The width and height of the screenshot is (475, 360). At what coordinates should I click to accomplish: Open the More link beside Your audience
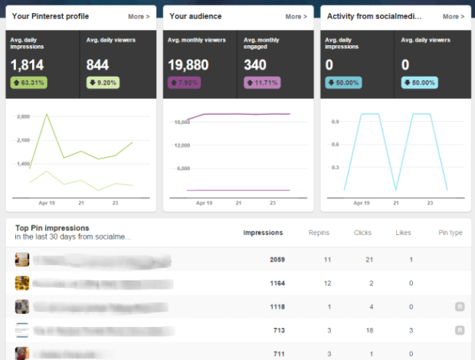(296, 16)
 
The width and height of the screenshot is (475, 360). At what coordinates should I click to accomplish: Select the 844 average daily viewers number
(98, 66)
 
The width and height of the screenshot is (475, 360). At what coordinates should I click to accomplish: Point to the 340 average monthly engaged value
(255, 66)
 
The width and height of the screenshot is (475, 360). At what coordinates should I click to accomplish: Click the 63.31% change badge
(30, 82)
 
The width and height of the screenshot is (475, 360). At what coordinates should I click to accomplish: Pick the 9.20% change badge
(103, 82)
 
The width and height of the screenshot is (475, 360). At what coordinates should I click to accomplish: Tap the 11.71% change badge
(261, 82)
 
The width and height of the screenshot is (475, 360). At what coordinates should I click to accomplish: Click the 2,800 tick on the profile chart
(23, 116)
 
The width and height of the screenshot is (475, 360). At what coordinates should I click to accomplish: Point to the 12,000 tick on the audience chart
(182, 145)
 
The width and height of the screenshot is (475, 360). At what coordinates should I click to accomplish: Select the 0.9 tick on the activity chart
(336, 121)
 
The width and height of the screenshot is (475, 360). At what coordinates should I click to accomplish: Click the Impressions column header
(263, 232)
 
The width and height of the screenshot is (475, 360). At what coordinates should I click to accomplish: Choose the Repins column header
(319, 232)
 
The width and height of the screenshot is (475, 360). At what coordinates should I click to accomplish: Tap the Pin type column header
(450, 232)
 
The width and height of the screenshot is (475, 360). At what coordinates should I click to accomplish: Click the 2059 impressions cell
(277, 260)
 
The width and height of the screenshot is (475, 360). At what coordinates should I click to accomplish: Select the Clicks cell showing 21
(369, 260)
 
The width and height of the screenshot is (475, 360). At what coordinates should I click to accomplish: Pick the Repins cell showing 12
(327, 283)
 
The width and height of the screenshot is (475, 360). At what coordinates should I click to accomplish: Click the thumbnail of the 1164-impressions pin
(22, 283)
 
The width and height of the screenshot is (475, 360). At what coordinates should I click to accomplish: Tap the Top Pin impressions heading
(51, 227)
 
